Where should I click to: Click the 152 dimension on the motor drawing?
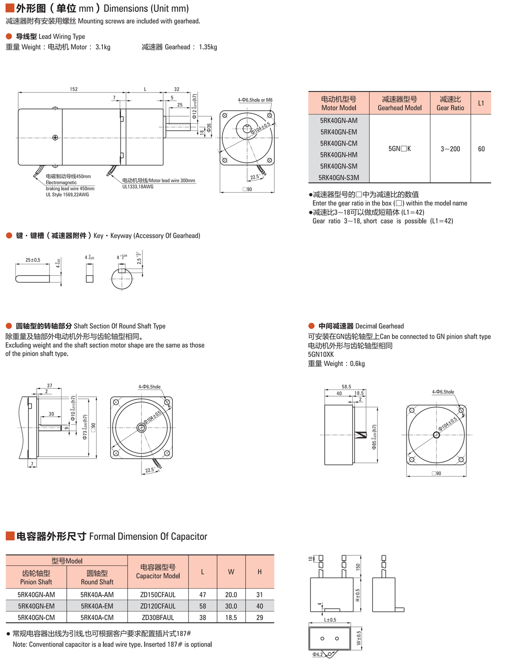click(x=73, y=89)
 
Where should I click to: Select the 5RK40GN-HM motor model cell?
click(x=339, y=155)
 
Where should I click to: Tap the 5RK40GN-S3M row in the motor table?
click(x=339, y=178)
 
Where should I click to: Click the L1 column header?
click(x=481, y=103)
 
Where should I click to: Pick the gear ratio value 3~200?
click(x=450, y=149)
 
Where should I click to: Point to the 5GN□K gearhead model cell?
click(x=400, y=149)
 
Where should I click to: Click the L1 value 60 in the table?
click(x=481, y=149)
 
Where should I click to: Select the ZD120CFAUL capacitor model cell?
click(x=158, y=606)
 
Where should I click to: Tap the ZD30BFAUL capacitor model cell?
click(x=158, y=617)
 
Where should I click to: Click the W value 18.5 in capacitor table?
click(x=231, y=617)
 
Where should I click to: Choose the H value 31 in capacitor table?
click(x=259, y=595)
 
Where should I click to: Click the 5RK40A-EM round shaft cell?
click(x=97, y=606)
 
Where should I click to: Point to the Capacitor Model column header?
click(x=158, y=572)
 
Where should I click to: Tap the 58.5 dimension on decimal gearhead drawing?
click(x=347, y=387)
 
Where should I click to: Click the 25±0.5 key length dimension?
click(x=33, y=260)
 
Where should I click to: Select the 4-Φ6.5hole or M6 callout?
click(x=255, y=100)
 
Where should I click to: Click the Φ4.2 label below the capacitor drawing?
click(x=317, y=654)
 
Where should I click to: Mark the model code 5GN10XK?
click(x=321, y=355)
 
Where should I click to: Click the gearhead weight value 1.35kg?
click(x=208, y=47)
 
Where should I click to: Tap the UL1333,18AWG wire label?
click(x=138, y=187)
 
